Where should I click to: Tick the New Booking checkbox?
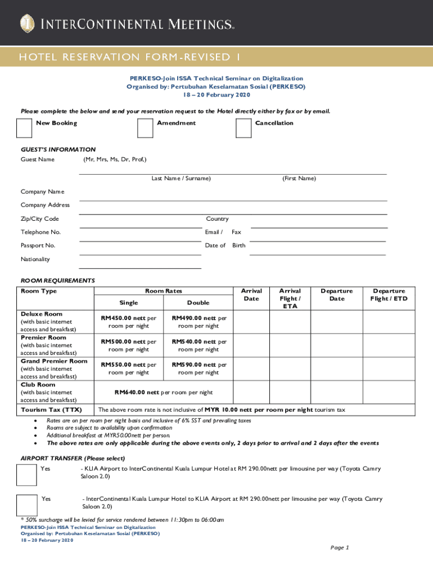(x=24, y=128)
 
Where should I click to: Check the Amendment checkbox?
(x=145, y=128)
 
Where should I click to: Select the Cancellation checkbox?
(x=243, y=128)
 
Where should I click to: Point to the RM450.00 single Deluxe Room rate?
(x=128, y=318)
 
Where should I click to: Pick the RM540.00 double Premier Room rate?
(x=199, y=341)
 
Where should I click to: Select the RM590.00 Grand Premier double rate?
(x=199, y=364)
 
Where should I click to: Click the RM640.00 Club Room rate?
(x=164, y=393)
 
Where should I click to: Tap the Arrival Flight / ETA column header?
(x=290, y=299)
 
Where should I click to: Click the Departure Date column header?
(x=336, y=295)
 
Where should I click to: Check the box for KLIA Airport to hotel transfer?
(x=27, y=475)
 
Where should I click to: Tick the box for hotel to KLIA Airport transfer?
(x=27, y=505)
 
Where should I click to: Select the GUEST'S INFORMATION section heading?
(x=58, y=149)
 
